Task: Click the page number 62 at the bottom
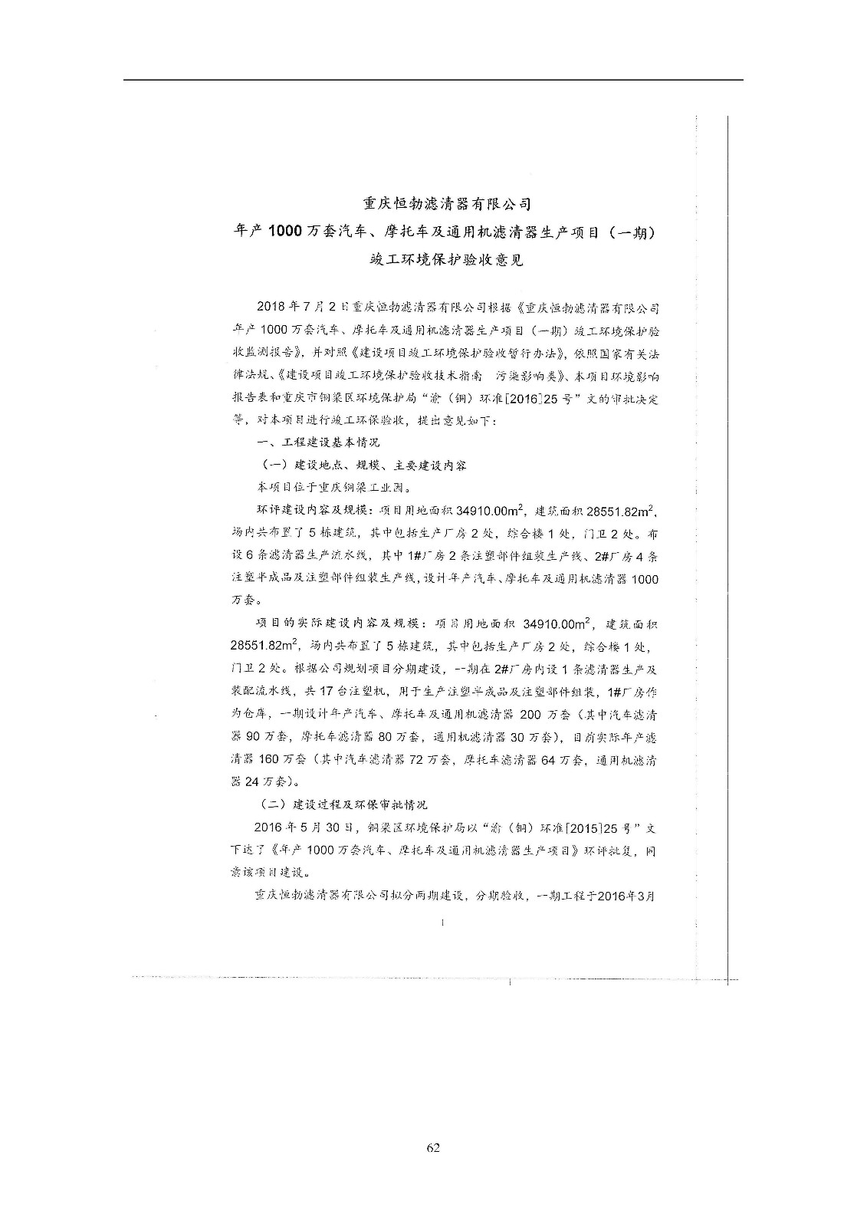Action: (433, 1148)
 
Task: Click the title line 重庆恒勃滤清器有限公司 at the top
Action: (447, 204)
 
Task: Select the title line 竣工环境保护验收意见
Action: (447, 260)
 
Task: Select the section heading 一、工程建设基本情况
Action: (318, 442)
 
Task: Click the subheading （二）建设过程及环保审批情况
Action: (343, 804)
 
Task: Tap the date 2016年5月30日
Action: (305, 827)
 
